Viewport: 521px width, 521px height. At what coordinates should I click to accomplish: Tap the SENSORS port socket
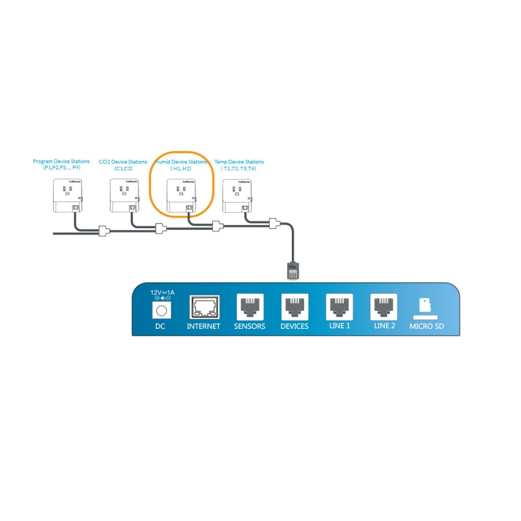(x=250, y=306)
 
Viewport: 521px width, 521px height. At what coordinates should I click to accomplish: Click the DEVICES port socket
(x=294, y=306)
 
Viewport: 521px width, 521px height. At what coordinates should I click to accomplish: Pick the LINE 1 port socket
(x=339, y=306)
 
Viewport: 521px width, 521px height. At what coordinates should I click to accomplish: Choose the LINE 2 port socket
(x=384, y=306)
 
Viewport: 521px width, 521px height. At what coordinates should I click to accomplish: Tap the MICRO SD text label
(x=427, y=326)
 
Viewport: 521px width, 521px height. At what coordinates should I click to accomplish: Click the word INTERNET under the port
(x=204, y=326)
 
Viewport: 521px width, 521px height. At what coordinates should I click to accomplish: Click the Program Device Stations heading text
(x=61, y=162)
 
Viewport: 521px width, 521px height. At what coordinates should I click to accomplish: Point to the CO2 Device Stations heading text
(x=123, y=162)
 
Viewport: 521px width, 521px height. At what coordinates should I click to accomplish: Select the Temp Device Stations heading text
(x=239, y=162)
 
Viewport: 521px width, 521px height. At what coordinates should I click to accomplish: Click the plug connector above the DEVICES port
(x=293, y=270)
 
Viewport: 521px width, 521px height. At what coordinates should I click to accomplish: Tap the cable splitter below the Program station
(x=104, y=232)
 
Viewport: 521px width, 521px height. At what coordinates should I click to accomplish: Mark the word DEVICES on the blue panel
(x=294, y=326)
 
